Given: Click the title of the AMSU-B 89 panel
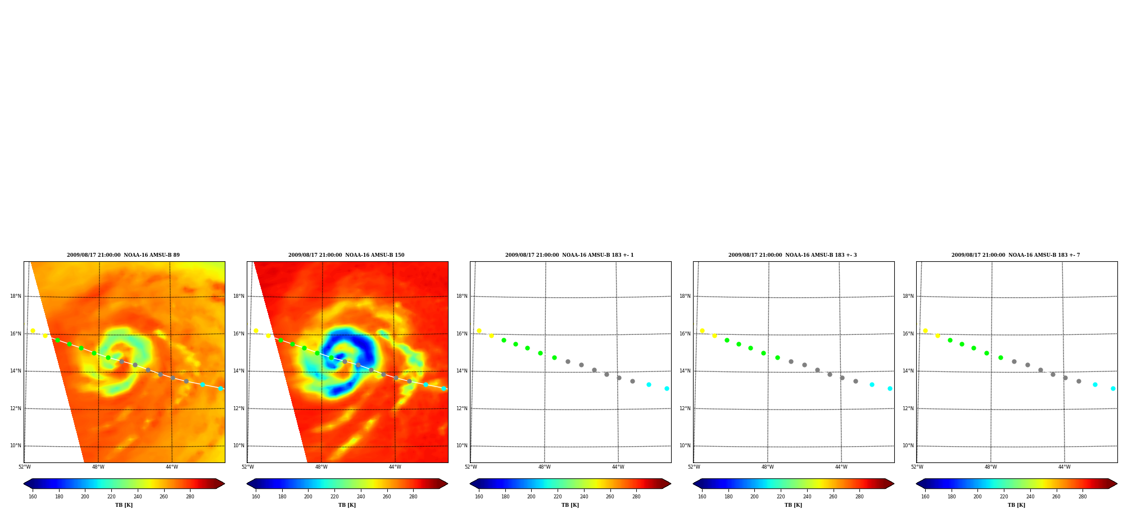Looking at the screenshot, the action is (123, 255).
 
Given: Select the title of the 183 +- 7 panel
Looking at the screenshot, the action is (1016, 255).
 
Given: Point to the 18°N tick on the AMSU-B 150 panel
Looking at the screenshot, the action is (239, 296).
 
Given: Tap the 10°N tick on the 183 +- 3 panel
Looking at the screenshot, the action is (685, 446).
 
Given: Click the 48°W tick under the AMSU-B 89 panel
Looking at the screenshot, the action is (98, 467).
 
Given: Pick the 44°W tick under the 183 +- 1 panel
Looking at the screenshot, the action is (618, 467).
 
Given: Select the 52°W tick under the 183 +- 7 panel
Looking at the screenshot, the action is (917, 467).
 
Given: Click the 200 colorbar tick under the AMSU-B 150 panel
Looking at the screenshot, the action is (308, 497).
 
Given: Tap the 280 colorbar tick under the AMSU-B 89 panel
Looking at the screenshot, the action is (190, 497).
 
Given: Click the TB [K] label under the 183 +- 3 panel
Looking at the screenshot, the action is (793, 505).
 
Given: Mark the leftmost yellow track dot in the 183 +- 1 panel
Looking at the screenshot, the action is (479, 330).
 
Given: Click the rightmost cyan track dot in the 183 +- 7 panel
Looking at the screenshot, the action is (1113, 388).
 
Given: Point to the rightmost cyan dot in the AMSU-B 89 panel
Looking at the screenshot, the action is (220, 388).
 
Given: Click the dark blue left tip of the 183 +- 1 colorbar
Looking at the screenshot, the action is (470, 483).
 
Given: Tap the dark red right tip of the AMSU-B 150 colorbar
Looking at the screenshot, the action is (447, 483).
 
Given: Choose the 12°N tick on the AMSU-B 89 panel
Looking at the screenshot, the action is (16, 408).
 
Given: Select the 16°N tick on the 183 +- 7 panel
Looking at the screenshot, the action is (908, 334).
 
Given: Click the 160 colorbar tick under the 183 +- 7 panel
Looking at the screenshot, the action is (925, 497).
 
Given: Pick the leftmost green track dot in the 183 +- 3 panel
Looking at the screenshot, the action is (727, 340).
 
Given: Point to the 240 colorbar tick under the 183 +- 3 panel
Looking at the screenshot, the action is (807, 497).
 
